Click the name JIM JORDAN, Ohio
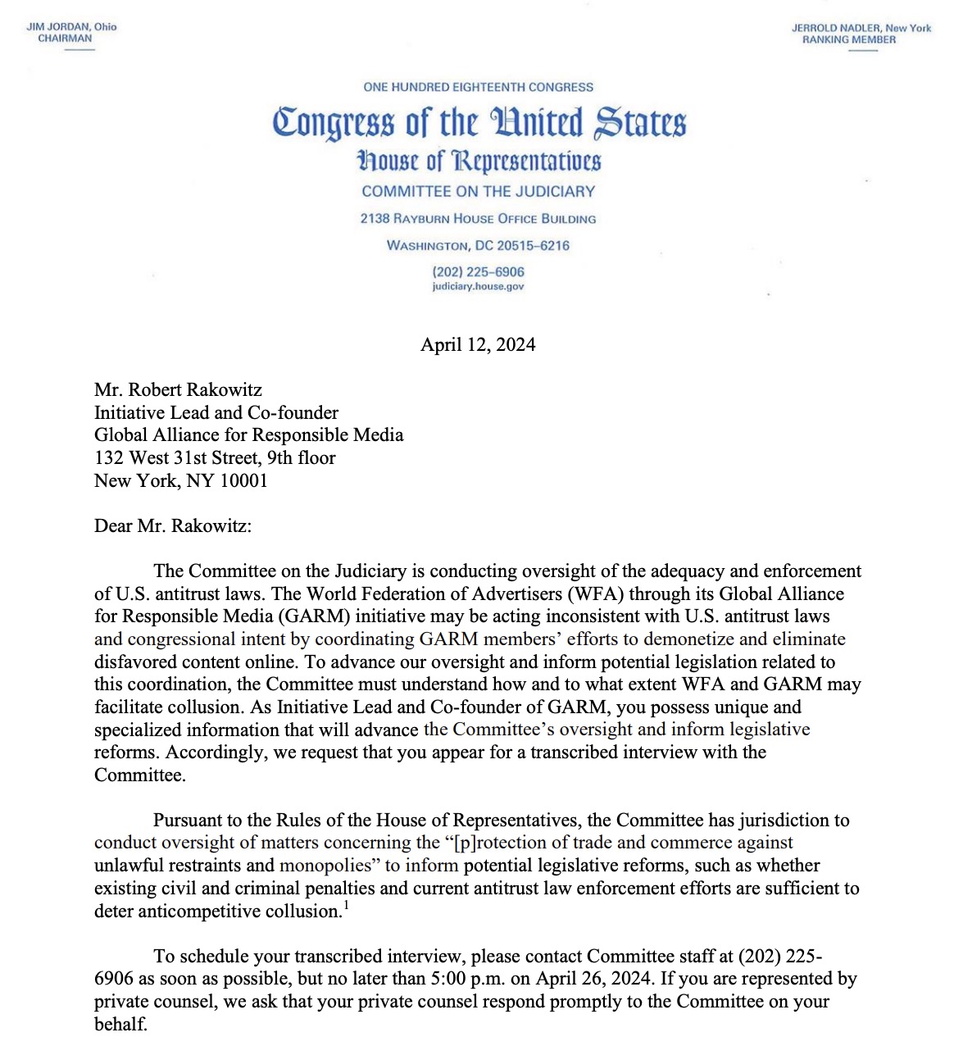[71, 26]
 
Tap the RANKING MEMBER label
[848, 39]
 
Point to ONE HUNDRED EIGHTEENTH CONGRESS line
[478, 87]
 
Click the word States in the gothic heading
[640, 123]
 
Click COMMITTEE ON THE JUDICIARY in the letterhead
[478, 191]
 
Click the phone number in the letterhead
[478, 271]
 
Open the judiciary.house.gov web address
[478, 287]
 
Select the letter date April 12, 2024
[478, 344]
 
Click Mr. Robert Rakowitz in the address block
[178, 389]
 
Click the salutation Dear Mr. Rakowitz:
[173, 525]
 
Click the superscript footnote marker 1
[347, 906]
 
